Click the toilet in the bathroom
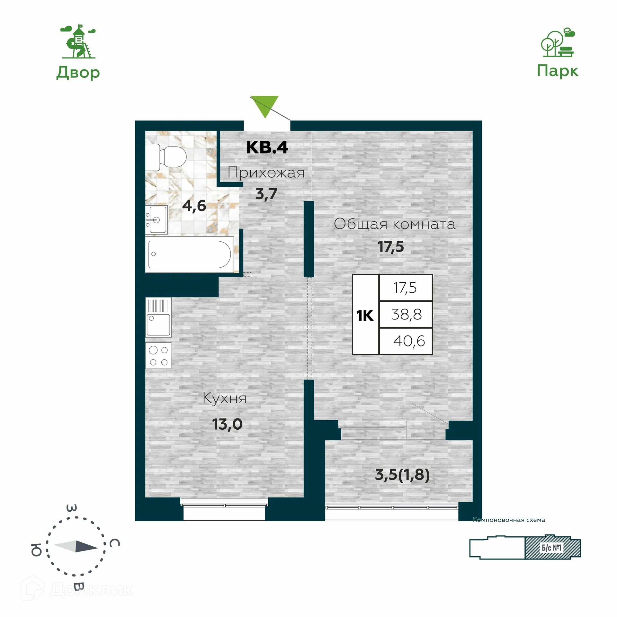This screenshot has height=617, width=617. [167, 157]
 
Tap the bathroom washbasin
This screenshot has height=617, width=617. [156, 220]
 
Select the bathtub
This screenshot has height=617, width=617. [190, 254]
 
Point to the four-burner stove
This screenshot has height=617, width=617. [158, 355]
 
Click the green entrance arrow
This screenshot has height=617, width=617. [264, 106]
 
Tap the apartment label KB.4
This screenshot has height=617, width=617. [267, 148]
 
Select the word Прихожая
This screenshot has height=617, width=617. [266, 173]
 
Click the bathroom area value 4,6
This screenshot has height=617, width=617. [194, 206]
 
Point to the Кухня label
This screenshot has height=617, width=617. [225, 398]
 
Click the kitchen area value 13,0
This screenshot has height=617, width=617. [227, 425]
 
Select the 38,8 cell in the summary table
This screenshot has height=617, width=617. [406, 314]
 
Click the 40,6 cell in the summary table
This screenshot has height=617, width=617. [409, 341]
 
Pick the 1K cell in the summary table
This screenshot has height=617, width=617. [365, 316]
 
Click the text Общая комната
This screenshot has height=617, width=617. [395, 224]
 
